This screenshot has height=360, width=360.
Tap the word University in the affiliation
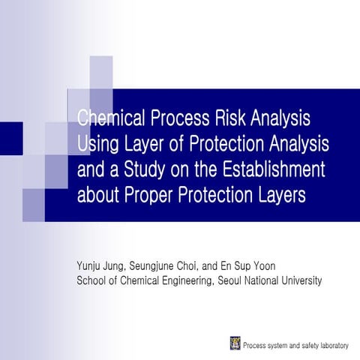[299, 280]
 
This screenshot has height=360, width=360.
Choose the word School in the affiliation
[93, 280]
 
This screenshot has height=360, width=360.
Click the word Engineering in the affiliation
[176, 280]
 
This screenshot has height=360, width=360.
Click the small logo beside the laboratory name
[235, 343]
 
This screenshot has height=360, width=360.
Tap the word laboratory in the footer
[331, 345]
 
